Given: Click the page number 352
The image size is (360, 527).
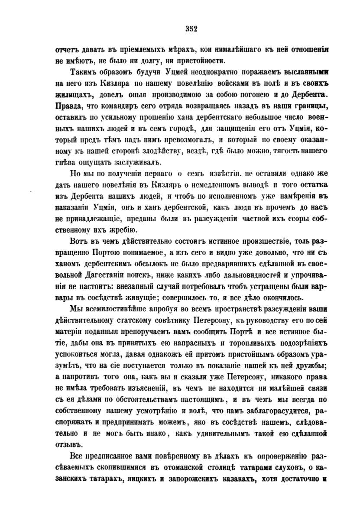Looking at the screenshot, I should (191, 29).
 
